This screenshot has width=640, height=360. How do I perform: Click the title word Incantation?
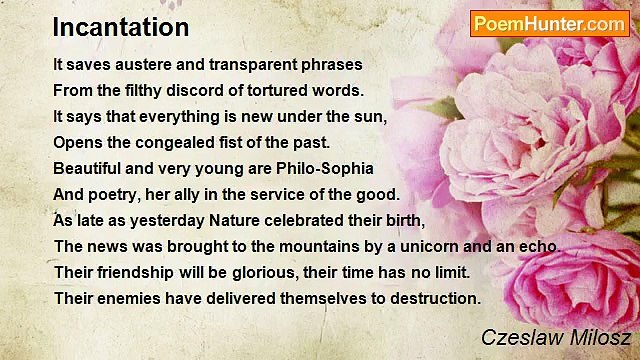tap(121, 27)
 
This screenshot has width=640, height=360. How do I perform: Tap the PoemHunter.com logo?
tap(549, 23)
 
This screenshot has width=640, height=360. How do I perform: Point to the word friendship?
tap(132, 272)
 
